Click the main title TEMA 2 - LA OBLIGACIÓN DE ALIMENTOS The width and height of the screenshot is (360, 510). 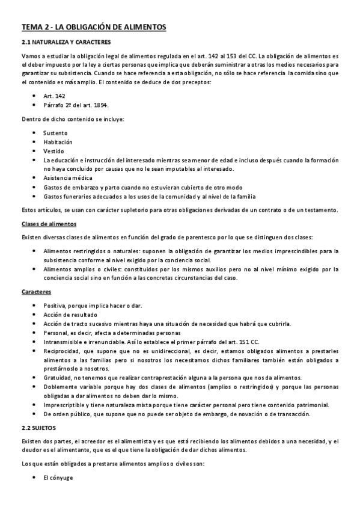(x=94, y=27)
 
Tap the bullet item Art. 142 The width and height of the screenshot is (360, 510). (x=55, y=96)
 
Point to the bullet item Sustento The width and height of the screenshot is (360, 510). (x=56, y=132)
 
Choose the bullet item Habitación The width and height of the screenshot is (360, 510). (x=58, y=142)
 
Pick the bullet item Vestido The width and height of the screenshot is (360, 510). (x=54, y=151)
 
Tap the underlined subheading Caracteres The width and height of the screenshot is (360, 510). (x=35, y=292)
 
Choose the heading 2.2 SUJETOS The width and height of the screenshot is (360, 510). (x=38, y=427)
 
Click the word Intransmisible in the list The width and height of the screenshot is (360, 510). (x=64, y=342)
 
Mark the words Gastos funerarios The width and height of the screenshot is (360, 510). (x=67, y=196)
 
